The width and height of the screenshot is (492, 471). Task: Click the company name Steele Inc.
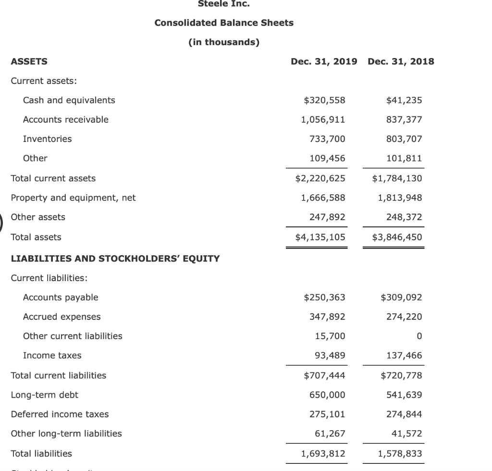224,4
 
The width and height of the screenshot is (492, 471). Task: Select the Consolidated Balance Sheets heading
224,23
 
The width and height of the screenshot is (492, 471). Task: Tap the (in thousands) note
224,42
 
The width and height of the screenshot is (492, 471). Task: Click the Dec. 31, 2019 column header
324,61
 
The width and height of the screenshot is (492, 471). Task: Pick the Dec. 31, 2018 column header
400,61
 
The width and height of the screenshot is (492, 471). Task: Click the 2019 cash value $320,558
324,100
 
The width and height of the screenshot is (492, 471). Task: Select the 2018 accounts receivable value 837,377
404,119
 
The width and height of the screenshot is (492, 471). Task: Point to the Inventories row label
47,139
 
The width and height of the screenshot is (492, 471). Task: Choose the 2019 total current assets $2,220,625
320,178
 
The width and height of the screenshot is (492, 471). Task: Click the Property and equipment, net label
73,198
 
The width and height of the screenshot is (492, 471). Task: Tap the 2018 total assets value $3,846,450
397,237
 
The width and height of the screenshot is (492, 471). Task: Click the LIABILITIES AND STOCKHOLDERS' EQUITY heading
115,259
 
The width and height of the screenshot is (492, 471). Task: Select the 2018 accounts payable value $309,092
401,297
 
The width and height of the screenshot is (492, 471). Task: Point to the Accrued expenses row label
62,317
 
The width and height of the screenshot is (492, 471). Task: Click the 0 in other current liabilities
419,336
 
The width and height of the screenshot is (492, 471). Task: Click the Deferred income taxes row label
60,414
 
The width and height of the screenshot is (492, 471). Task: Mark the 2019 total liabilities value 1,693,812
323,454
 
